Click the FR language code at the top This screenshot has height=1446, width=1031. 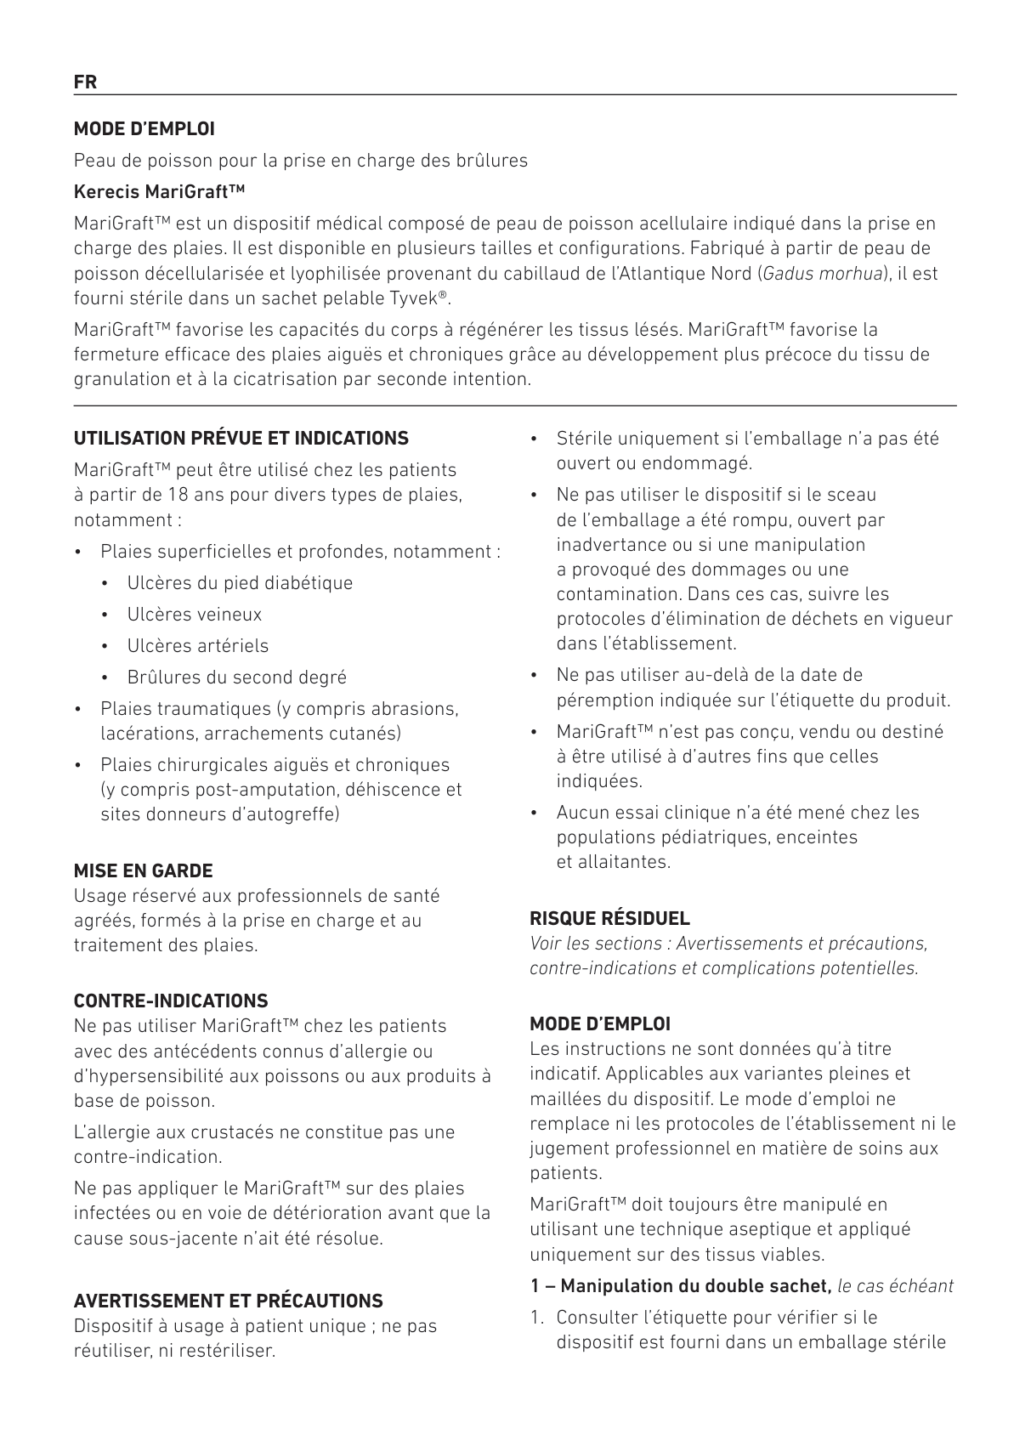point(85,82)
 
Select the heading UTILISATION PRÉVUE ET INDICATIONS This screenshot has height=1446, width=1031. point(241,439)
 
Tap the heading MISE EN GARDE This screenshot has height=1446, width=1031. point(143,870)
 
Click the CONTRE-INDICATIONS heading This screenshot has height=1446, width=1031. point(170,1001)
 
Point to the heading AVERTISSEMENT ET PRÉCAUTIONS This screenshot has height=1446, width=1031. point(228,1301)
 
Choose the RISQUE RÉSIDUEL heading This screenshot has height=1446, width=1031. point(609,918)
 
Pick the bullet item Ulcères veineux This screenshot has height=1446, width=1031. point(194,615)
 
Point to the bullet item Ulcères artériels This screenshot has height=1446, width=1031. point(197,646)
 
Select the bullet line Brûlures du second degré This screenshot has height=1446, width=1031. point(236,678)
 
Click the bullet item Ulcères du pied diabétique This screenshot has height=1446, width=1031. point(240,583)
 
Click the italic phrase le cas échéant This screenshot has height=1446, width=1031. point(895,1286)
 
